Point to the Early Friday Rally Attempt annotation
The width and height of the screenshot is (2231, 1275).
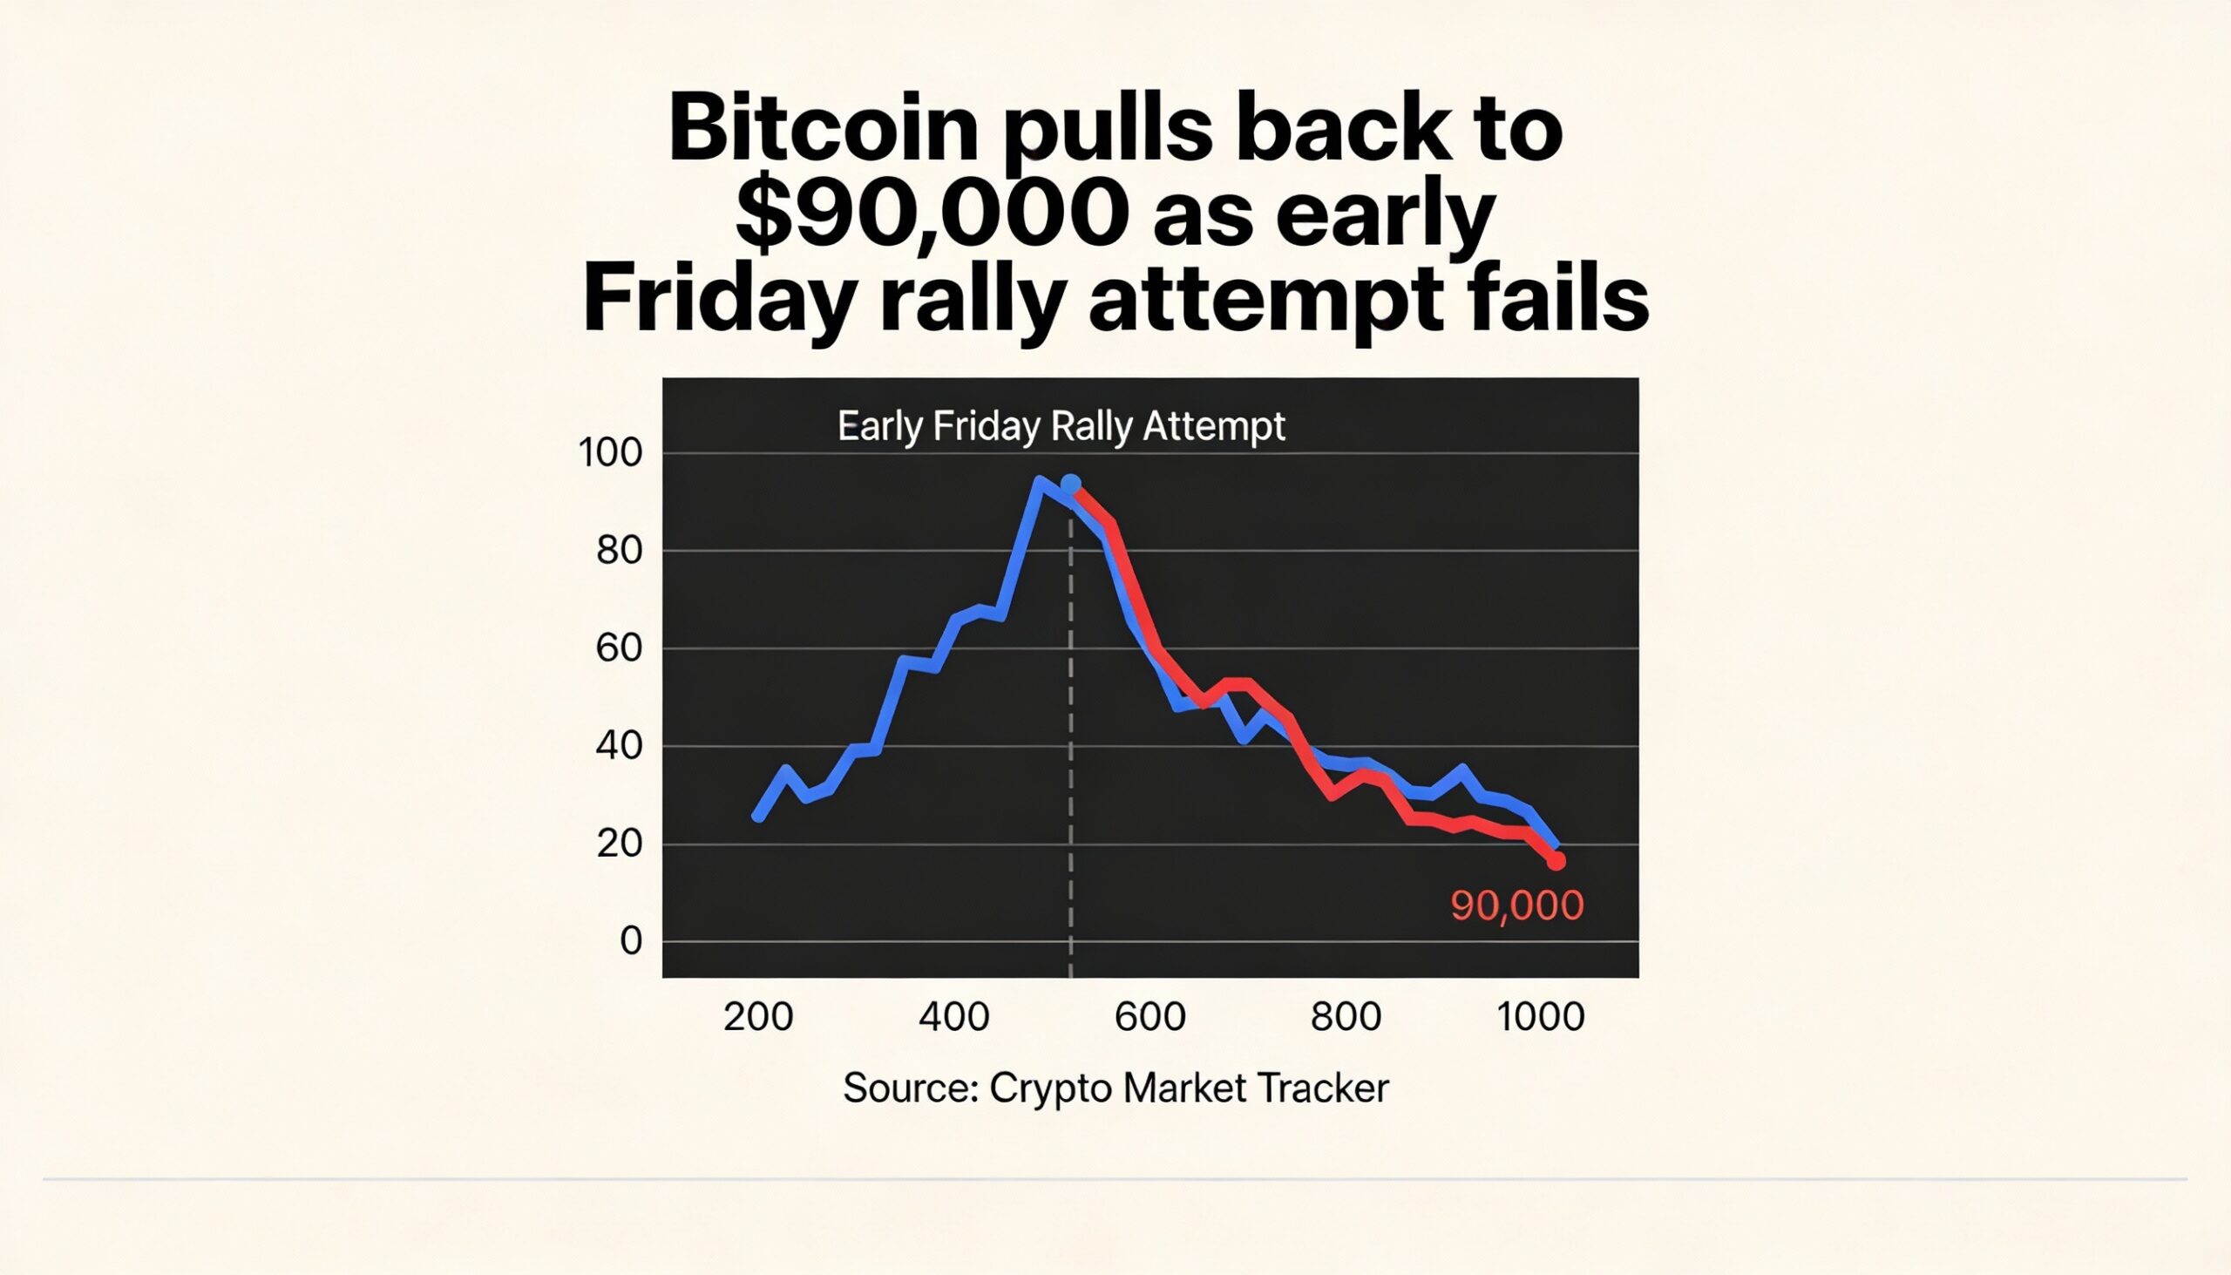[x=1061, y=426]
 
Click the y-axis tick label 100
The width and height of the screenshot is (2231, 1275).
[x=610, y=453]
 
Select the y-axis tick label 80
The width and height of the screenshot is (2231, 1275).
[x=619, y=551]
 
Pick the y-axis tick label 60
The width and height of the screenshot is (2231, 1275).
[x=619, y=649]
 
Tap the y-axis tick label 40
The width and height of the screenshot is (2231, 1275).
[x=619, y=746]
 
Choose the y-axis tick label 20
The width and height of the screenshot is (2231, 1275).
[x=619, y=844]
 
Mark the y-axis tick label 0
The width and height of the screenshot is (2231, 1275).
[x=630, y=941]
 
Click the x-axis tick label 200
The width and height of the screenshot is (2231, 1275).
[x=758, y=1018]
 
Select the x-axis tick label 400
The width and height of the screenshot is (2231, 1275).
[x=954, y=1018]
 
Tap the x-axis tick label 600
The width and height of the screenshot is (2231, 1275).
[x=1149, y=1018]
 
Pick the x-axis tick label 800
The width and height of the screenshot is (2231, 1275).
[x=1346, y=1018]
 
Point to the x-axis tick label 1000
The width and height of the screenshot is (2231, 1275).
[x=1540, y=1018]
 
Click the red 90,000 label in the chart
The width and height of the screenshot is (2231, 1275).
[x=1516, y=905]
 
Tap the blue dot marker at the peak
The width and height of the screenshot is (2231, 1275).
[x=1070, y=485]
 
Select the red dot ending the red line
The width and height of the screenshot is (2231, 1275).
[x=1556, y=862]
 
